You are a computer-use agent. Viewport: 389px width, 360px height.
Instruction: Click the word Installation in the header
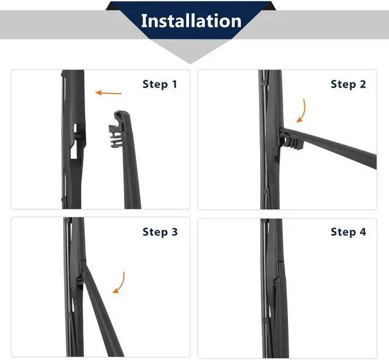coord(191,21)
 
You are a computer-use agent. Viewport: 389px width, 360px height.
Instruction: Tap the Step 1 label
coord(160,84)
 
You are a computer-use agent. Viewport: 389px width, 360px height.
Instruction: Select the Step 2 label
coord(348,84)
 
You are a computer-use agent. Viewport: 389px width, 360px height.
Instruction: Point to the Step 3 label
coord(160,232)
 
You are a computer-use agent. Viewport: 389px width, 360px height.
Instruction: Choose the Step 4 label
coord(348,232)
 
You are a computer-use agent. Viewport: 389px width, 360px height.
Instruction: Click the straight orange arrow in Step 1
coord(108,93)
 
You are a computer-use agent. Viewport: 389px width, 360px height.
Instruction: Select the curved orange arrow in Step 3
coord(120,283)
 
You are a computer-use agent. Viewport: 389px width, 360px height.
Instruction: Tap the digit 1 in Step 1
coord(174,84)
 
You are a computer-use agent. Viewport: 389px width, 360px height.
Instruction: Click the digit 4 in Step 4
coord(363,232)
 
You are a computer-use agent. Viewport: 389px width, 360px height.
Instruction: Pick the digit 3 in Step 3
coord(174,232)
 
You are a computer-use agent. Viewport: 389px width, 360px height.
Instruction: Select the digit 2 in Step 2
coord(363,84)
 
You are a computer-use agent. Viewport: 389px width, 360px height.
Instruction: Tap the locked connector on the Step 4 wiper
coord(276,283)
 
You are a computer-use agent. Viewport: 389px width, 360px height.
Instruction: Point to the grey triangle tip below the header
coord(190,63)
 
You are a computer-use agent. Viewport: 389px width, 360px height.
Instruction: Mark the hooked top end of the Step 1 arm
coord(121,116)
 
